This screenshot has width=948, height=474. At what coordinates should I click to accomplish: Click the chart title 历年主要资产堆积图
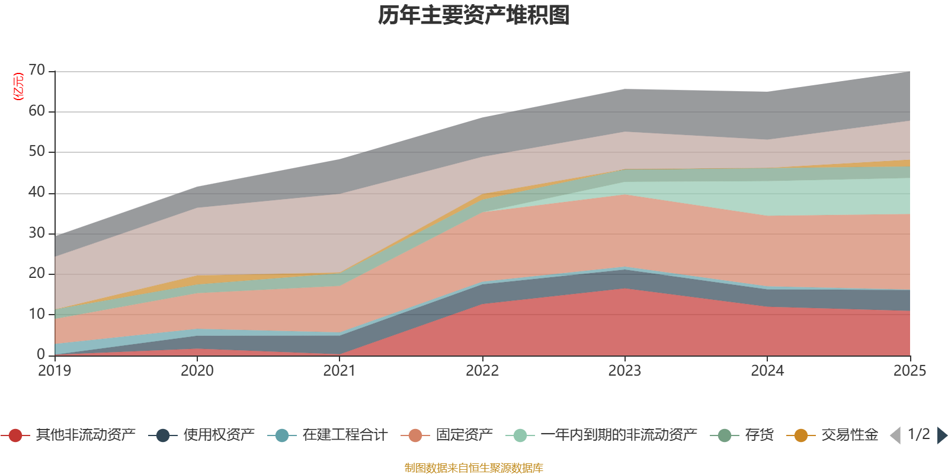[x=474, y=15]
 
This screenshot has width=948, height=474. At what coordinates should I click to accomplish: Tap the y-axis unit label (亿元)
[x=18, y=87]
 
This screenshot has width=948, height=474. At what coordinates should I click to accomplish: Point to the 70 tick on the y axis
[x=37, y=71]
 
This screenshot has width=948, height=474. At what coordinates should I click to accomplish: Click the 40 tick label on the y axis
[x=37, y=192]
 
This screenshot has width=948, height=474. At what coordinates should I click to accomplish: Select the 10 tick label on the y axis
[x=37, y=314]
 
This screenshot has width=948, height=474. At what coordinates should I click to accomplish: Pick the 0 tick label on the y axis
[x=41, y=354]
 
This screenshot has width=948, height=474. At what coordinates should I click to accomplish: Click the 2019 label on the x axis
[x=55, y=371]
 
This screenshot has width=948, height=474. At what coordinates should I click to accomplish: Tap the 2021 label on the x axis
[x=340, y=371]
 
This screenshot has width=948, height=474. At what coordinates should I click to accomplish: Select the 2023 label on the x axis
[x=624, y=371]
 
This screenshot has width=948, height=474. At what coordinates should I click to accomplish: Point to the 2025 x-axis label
[x=909, y=371]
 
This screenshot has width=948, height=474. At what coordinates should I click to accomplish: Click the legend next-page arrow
[x=942, y=435]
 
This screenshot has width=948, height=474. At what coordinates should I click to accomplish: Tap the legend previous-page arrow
[x=895, y=435]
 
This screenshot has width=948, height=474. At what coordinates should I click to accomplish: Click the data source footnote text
[x=474, y=468]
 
